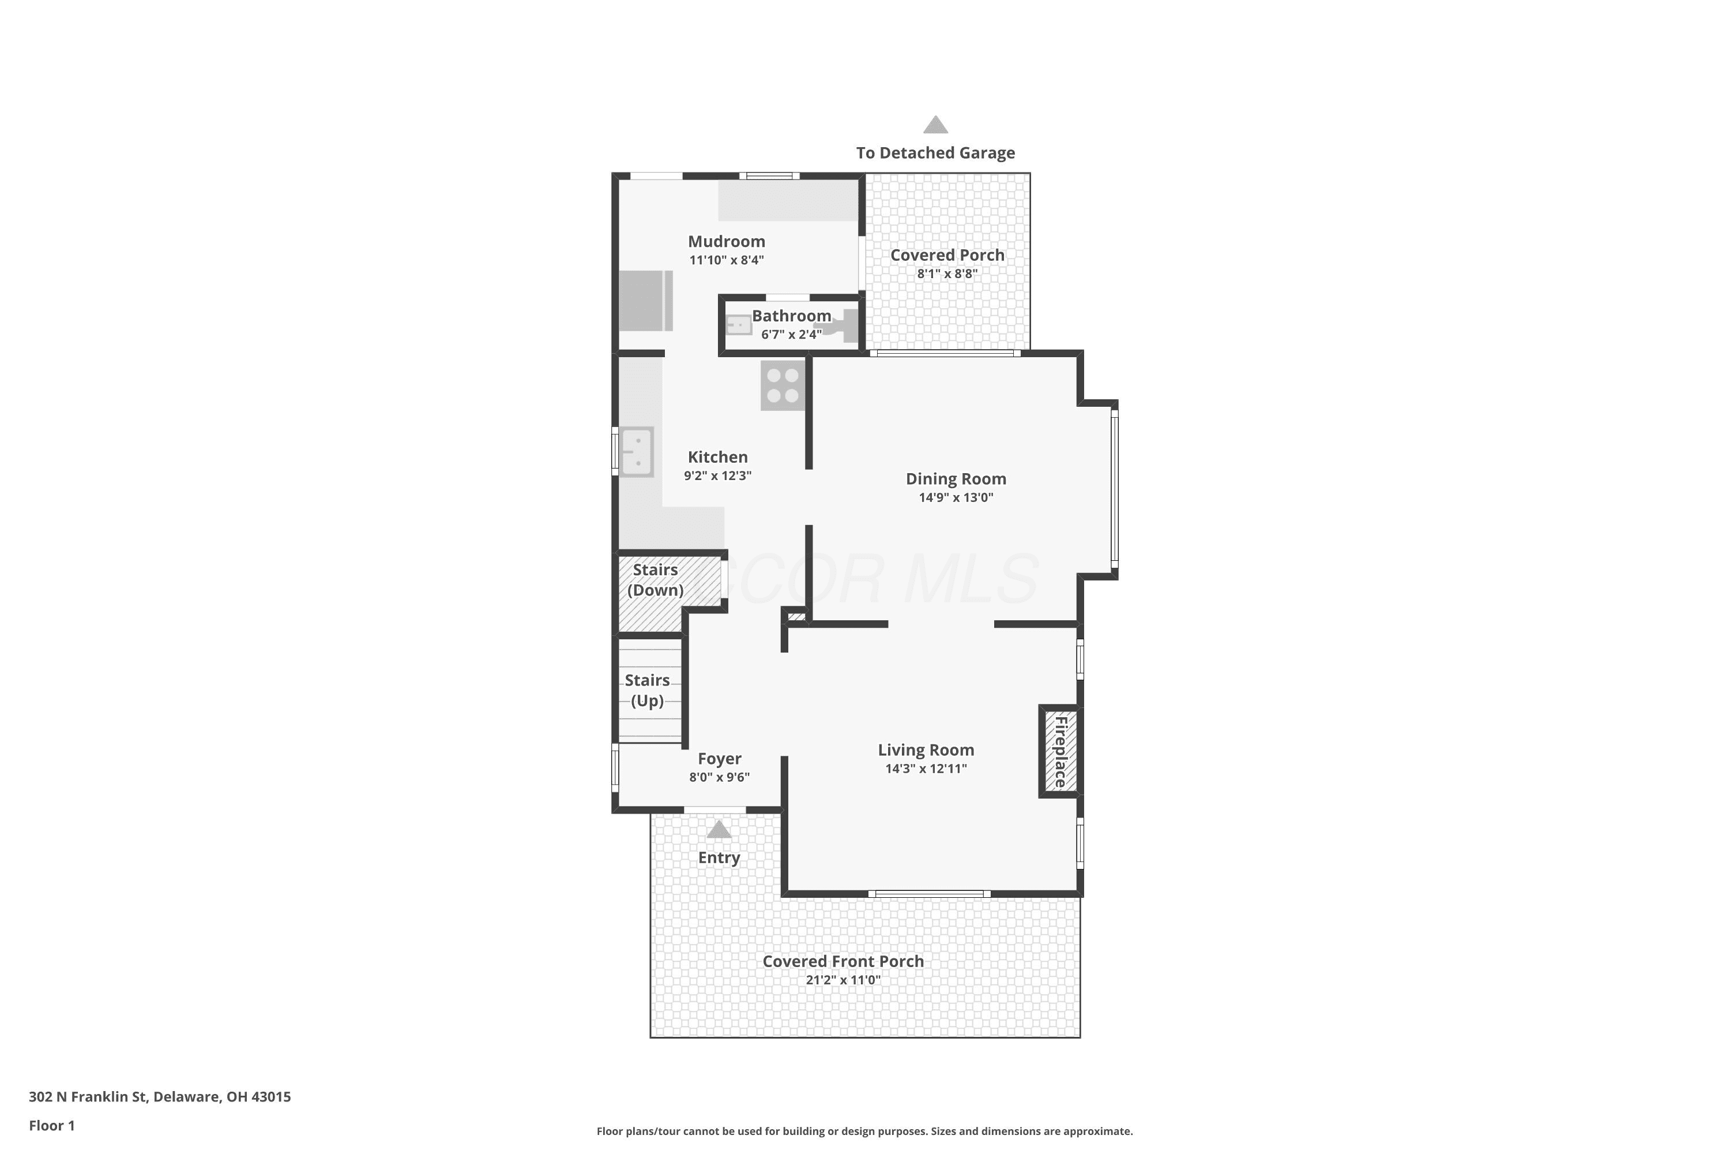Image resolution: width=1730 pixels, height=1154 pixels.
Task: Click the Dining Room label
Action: coord(956,479)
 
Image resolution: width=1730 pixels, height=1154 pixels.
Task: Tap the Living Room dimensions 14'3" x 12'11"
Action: coord(926,769)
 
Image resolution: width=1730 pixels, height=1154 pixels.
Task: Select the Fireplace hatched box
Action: coord(1060,751)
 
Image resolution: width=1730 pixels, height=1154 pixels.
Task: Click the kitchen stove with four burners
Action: coord(783,385)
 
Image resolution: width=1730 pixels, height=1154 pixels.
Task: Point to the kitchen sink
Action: coord(636,452)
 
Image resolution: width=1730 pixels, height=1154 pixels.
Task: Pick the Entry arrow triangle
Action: coord(719,830)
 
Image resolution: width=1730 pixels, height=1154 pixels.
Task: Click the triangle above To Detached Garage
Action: coord(935,125)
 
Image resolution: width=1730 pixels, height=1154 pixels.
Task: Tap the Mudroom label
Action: coord(726,241)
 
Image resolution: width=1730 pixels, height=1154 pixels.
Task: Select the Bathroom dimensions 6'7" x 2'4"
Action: coord(791,335)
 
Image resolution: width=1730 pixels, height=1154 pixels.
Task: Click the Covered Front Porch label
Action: coord(843,961)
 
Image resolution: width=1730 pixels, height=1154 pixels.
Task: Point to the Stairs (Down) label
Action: coord(655,580)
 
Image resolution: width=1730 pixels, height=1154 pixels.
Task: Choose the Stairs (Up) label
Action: coord(647,690)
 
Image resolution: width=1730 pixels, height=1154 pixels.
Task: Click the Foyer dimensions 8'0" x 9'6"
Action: coord(719,777)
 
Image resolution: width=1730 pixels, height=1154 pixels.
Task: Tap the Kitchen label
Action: coord(717,457)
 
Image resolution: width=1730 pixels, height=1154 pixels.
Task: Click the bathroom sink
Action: coord(739,324)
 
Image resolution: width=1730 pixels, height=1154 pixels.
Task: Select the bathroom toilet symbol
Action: coord(838,325)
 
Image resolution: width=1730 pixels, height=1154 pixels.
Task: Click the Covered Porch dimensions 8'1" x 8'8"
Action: coord(947,273)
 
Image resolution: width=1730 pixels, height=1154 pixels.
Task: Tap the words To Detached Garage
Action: coord(935,153)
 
